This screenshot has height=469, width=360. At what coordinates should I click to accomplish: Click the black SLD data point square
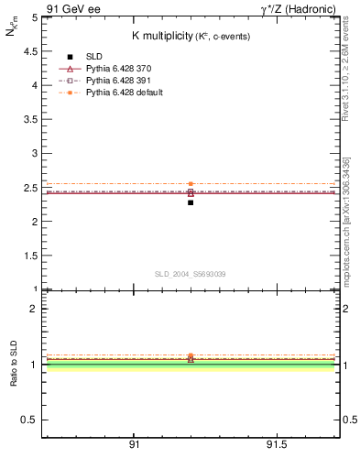(x=191, y=202)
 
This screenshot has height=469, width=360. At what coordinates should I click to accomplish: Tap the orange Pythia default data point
(x=191, y=184)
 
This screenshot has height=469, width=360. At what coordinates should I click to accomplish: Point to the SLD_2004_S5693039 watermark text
(x=191, y=274)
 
